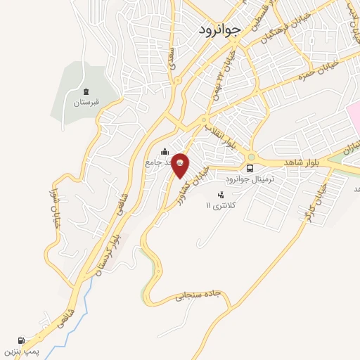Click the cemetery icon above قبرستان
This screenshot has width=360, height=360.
pyautogui.click(x=86, y=91)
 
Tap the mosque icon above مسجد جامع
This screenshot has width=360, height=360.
pyautogui.click(x=165, y=151)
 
